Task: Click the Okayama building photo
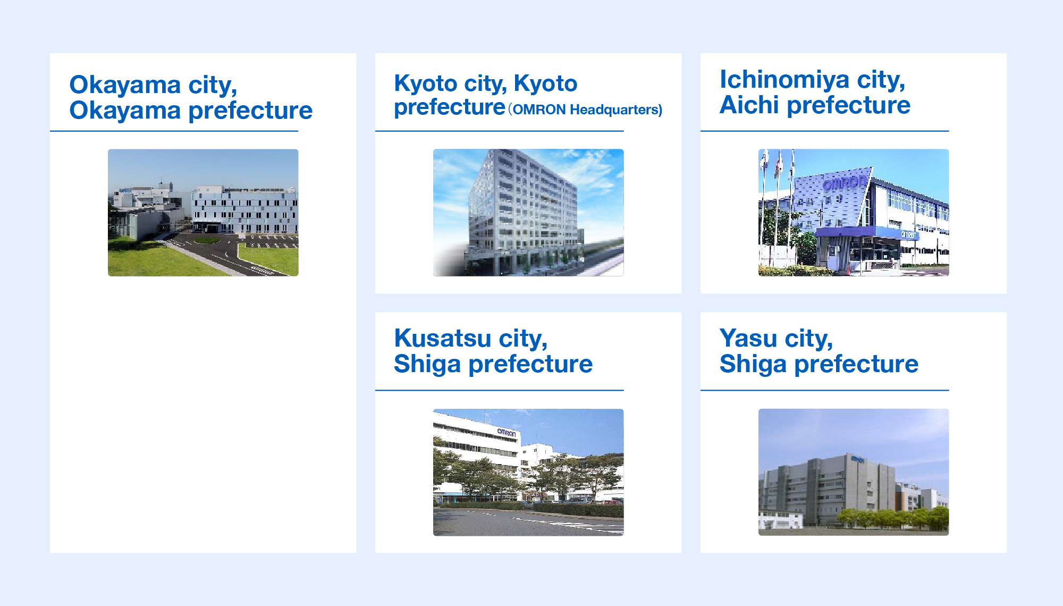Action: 203,212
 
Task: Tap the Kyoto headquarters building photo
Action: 528,212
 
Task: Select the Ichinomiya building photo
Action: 854,212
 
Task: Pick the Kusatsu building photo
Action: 528,472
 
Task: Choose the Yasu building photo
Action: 854,472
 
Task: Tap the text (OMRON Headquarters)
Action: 585,110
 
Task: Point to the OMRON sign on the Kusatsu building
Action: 506,433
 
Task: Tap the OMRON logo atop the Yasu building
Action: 857,459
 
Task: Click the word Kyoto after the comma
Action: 545,83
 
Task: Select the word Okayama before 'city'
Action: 125,85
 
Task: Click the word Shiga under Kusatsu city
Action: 427,364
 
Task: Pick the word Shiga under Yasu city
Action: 753,364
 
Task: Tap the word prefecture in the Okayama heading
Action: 250,111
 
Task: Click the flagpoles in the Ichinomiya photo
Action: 778,202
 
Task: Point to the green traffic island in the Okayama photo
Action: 207,240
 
